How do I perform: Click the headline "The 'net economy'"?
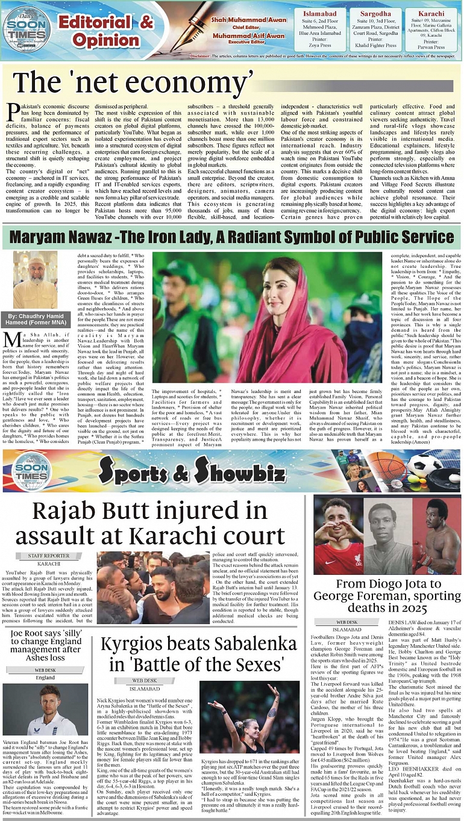click(134, 82)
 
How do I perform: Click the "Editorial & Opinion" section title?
click(105, 31)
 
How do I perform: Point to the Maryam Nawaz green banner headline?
click(232, 235)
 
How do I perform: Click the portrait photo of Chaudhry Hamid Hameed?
click(36, 279)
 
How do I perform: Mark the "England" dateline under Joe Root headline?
click(45, 677)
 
